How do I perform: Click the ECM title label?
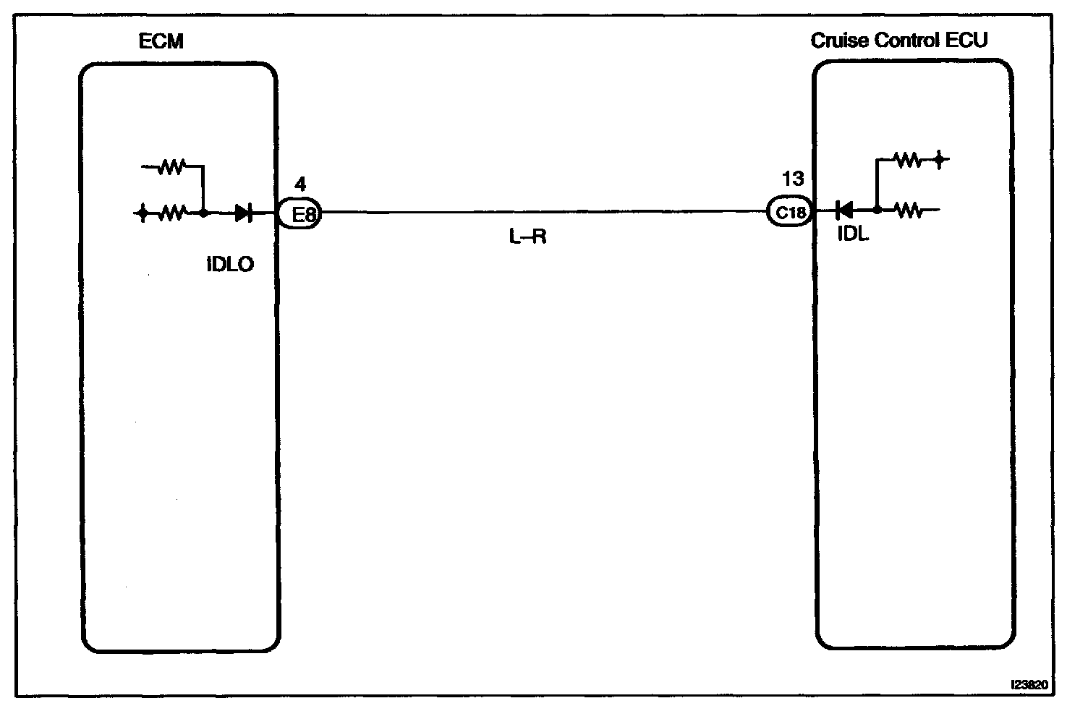click(x=161, y=41)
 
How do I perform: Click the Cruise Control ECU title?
click(x=898, y=41)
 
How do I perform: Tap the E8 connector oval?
click(x=300, y=213)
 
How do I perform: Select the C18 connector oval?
click(x=790, y=213)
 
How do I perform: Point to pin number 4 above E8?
click(x=300, y=185)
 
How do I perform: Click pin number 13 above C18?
click(x=792, y=179)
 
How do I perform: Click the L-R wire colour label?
click(x=527, y=237)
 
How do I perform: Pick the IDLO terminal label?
click(x=230, y=264)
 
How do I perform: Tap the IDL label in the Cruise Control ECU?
click(x=852, y=235)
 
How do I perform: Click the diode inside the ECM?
click(x=243, y=213)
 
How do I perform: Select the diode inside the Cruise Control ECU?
click(x=843, y=210)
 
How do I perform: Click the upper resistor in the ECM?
click(x=172, y=168)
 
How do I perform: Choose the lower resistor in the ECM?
click(x=171, y=213)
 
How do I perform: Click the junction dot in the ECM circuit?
click(x=204, y=213)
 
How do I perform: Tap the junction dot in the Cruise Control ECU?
click(x=877, y=210)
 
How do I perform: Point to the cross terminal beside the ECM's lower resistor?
click(x=143, y=213)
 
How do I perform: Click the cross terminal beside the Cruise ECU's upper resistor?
click(x=939, y=159)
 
